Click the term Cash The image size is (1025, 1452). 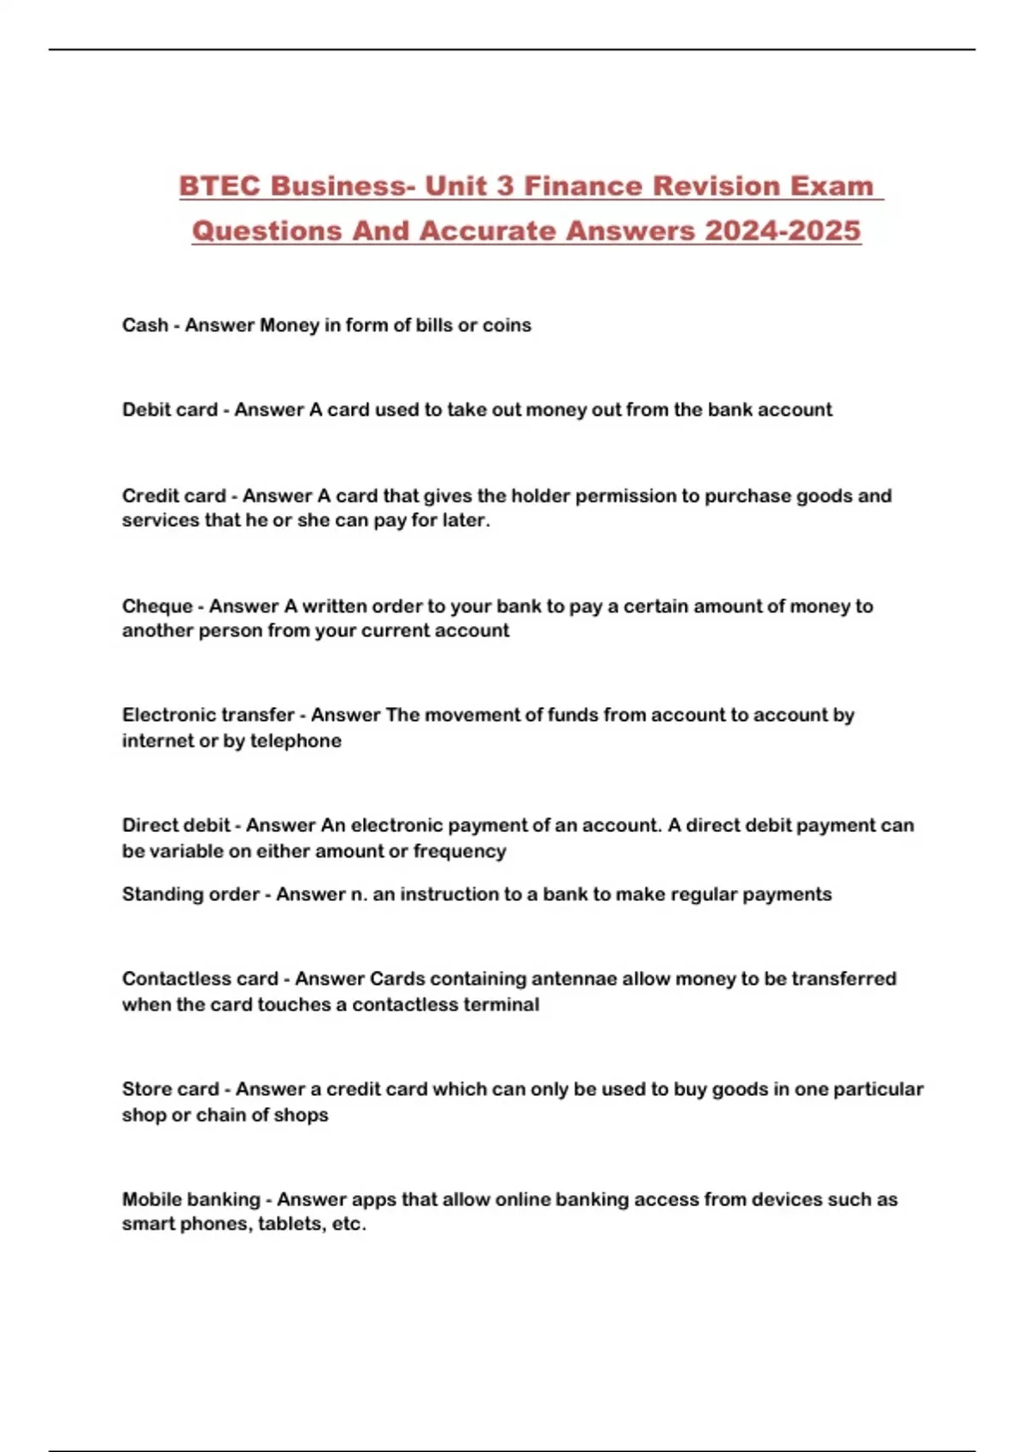click(145, 325)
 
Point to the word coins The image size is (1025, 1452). click(507, 325)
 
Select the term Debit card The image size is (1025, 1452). click(170, 410)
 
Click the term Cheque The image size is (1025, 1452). click(157, 606)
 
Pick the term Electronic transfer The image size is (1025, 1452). click(208, 715)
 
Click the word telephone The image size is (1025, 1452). click(296, 741)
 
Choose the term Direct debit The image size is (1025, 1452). click(176, 826)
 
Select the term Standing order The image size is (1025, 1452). click(190, 894)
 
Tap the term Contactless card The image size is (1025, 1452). click(200, 979)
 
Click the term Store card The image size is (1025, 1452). click(171, 1090)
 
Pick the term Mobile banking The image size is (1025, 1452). click(190, 1199)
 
